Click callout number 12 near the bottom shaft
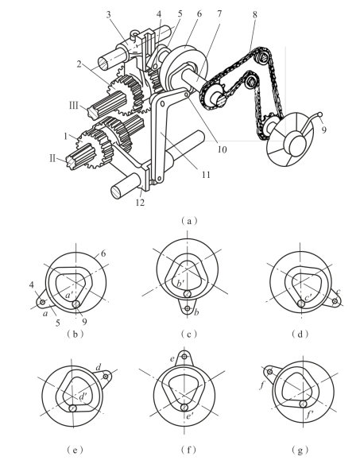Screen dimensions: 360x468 140,203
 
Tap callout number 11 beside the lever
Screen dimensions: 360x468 206,175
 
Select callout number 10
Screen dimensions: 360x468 222,149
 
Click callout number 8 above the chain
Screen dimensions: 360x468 254,14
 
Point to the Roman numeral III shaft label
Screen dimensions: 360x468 74,106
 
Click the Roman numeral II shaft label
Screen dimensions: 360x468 52,158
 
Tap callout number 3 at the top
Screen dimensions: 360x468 109,14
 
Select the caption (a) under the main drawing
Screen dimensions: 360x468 189,221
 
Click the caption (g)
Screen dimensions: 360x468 300,450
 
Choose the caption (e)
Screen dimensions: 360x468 75,450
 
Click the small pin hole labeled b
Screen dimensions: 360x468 188,308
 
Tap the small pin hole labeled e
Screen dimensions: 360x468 184,357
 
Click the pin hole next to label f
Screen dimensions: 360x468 269,372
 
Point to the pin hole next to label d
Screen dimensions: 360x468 106,377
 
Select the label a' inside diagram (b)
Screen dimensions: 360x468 69,295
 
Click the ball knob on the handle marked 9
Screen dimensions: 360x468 320,114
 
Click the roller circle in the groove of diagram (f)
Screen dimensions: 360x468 184,407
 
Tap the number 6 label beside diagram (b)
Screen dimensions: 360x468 103,253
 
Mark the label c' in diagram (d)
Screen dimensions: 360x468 308,297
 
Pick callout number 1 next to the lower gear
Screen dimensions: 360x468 66,136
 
